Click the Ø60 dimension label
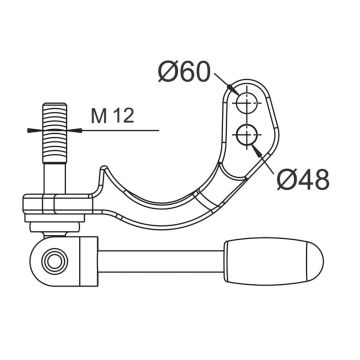pyautogui.click(x=184, y=72)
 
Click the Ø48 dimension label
pyautogui.click(x=303, y=180)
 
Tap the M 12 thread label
pyautogui.click(x=113, y=116)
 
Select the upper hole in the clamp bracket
pyautogui.click(x=246, y=102)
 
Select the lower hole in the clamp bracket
pyautogui.click(x=246, y=134)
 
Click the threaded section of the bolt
pyautogui.click(x=54, y=132)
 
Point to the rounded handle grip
pyautogui.click(x=273, y=261)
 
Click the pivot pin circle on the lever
pyautogui.click(x=54, y=261)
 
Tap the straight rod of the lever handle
pyautogui.click(x=161, y=261)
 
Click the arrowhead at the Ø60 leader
pyautogui.click(x=232, y=88)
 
